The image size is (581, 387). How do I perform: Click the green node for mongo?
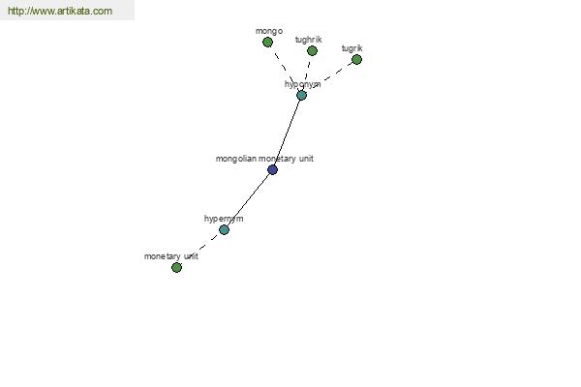coord(267,43)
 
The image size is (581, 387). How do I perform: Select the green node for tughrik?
coord(312,50)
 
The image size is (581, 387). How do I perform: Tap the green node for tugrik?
coord(356,59)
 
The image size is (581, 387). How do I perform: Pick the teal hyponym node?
coord(301,96)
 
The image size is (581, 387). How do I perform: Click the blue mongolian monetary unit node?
coord(272,169)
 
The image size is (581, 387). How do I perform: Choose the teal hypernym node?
coord(224,229)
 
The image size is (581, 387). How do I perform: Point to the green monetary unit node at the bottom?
coord(177,267)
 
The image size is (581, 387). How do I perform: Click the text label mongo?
coord(269,32)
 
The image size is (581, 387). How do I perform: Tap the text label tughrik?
coord(308,40)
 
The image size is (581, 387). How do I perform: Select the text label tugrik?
coord(352,48)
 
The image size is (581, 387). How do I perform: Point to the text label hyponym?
coord(302,84)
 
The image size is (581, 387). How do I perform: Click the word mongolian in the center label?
coord(236,159)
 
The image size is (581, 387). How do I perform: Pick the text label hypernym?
coord(224,219)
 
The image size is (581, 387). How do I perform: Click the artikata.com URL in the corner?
coord(60,11)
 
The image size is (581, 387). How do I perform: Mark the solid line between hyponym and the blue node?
coord(288,133)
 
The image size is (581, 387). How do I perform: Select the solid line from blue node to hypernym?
coord(248,199)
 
